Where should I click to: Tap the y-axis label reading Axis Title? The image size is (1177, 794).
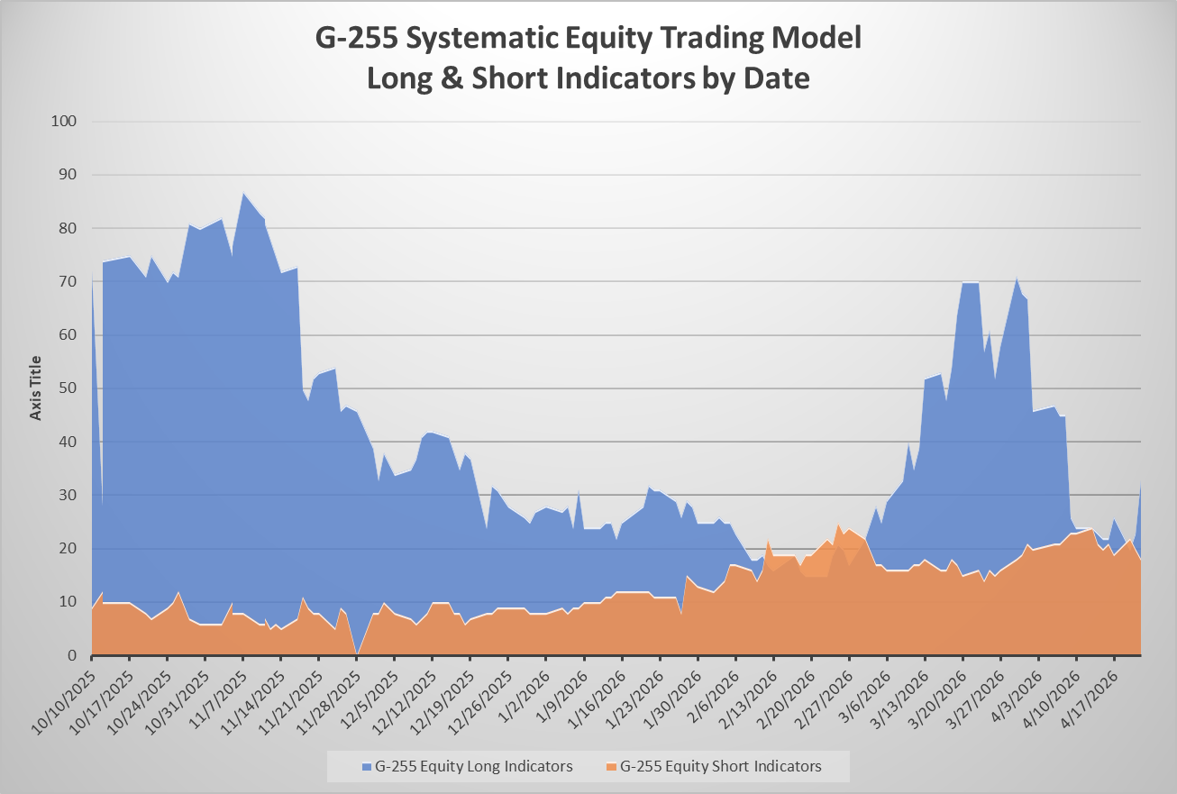pyautogui.click(x=35, y=388)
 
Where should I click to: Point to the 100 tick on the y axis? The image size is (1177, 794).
pyautogui.click(x=64, y=121)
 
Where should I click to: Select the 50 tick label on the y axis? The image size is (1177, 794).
pyautogui.click(x=68, y=388)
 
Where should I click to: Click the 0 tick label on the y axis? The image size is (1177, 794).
pyautogui.click(x=72, y=655)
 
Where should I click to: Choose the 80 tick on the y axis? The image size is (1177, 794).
pyautogui.click(x=68, y=228)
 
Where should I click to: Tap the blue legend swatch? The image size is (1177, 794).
pyautogui.click(x=367, y=767)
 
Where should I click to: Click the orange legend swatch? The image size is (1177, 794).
pyautogui.click(x=612, y=767)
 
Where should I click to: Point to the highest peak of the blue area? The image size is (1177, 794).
pyautogui.click(x=242, y=194)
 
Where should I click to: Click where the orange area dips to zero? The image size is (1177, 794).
pyautogui.click(x=357, y=653)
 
